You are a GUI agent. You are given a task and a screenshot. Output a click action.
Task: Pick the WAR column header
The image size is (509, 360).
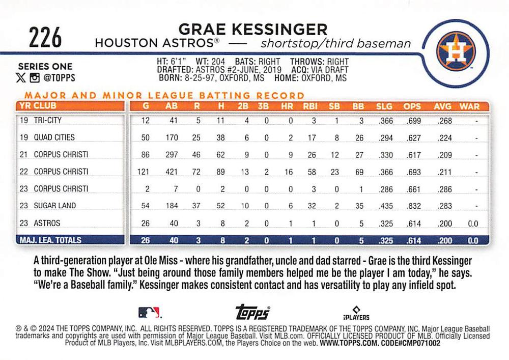click(469, 106)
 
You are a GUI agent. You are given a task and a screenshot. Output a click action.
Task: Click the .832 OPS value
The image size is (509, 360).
click(413, 206)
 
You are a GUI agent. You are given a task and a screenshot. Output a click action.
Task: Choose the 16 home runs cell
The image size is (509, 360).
click(289, 172)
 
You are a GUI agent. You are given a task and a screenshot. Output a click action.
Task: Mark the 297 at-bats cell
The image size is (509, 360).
click(172, 154)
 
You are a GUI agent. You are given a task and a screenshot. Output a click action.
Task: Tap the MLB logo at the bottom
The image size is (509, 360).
click(149, 312)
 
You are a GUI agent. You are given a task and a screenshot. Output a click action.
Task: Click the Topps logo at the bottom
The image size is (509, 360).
click(252, 312)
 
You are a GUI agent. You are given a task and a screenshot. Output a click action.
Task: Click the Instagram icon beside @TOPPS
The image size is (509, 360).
click(35, 78)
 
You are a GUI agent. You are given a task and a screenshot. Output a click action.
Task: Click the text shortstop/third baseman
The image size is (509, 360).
click(334, 43)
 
